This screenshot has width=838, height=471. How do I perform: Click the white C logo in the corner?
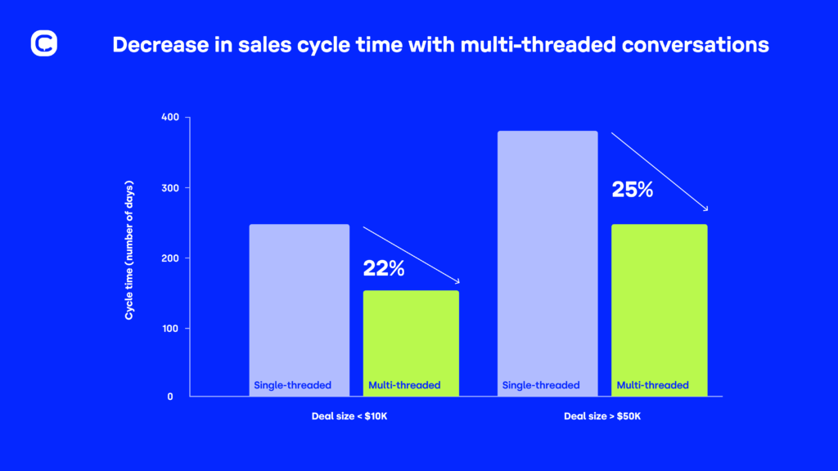[43, 44]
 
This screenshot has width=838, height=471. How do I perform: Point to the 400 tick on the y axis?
[169, 118]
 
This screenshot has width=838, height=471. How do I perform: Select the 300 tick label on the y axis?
[169, 188]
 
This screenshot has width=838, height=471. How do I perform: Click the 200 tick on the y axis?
[169, 258]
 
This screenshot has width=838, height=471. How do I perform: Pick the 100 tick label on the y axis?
[169, 329]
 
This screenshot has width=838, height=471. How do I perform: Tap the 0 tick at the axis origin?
[170, 397]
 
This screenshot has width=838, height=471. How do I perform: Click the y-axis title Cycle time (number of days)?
[129, 250]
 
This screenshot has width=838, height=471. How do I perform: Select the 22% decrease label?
[384, 267]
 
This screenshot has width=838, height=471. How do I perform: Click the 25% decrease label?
[633, 191]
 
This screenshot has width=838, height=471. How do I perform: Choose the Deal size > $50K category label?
[602, 415]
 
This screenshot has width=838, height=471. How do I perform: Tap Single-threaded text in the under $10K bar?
[292, 385]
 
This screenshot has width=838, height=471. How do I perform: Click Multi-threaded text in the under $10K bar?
[404, 385]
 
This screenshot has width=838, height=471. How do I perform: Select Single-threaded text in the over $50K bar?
[541, 385]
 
